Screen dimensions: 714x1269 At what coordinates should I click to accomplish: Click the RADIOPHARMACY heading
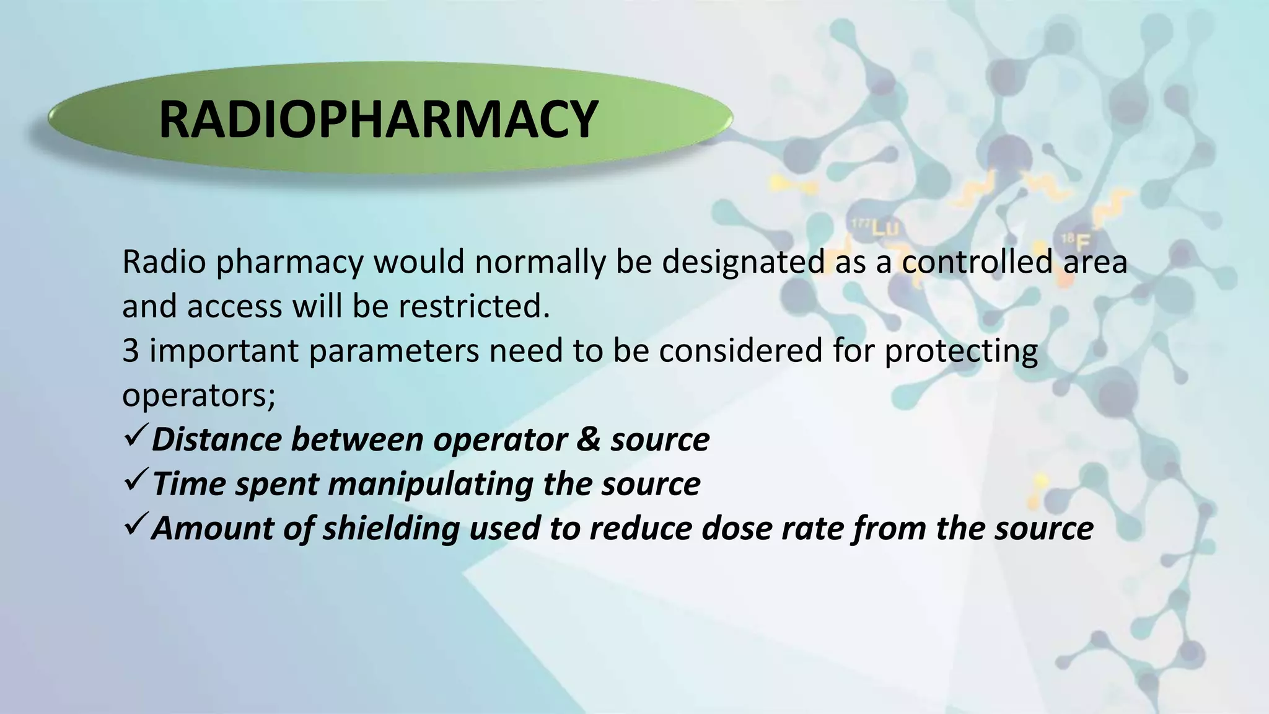[x=378, y=119]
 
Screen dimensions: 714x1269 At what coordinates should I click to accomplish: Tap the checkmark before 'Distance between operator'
[x=134, y=437]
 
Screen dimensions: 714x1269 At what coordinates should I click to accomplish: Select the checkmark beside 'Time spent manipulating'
[x=134, y=482]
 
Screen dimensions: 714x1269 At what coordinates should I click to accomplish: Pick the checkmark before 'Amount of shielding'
[x=134, y=526]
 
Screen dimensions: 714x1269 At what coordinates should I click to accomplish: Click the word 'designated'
[x=744, y=262]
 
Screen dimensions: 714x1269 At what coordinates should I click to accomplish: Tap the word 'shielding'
[x=391, y=529]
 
